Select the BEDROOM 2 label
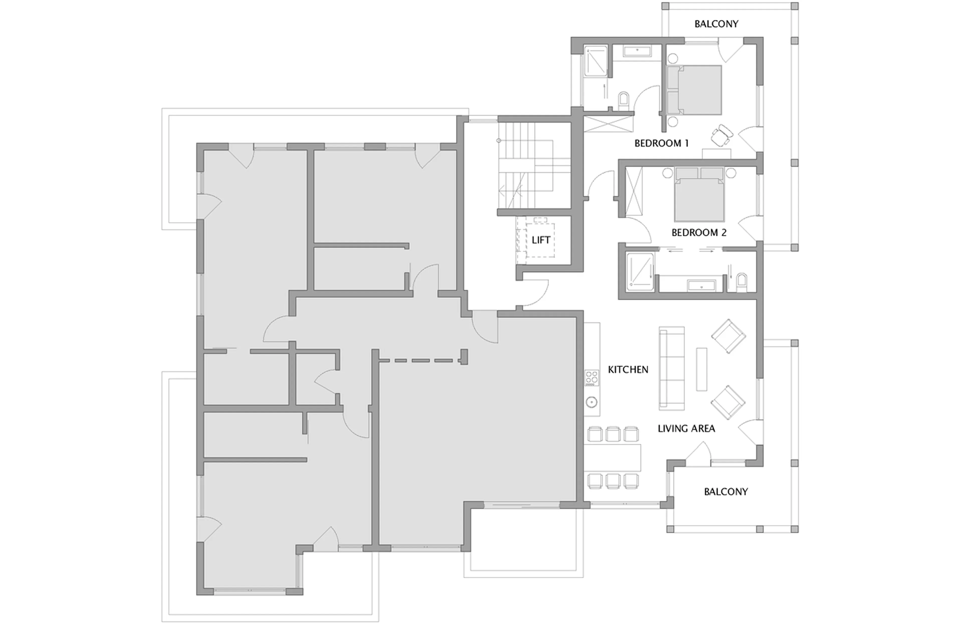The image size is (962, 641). coord(699,233)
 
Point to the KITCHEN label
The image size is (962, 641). coord(628,369)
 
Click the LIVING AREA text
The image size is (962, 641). coord(686,428)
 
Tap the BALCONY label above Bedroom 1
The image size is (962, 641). coord(716,24)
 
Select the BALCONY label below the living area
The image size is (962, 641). coord(725,491)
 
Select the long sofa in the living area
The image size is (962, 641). coord(671,368)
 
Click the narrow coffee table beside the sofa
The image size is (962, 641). coord(701,369)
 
